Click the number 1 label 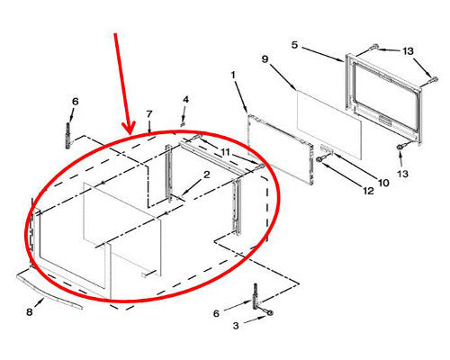[233, 75]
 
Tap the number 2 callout [207, 175]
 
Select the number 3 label [236, 325]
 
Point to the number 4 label [186, 99]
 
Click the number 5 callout [294, 45]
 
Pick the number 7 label [149, 114]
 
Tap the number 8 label [29, 312]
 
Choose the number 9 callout [265, 59]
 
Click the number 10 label [383, 183]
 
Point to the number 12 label [368, 191]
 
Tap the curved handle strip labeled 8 [49, 291]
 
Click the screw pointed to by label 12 [319, 159]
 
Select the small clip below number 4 [182, 123]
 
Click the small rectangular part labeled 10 [327, 148]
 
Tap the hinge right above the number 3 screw [256, 296]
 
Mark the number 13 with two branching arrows [408, 51]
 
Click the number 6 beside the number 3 [216, 314]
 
